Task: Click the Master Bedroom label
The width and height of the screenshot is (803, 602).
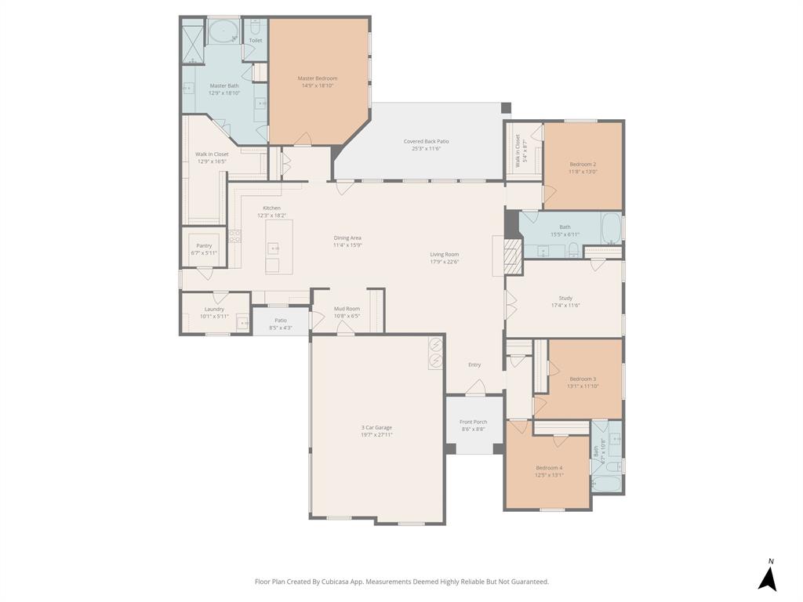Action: click(x=317, y=78)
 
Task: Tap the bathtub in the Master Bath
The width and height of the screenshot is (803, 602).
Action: click(x=224, y=33)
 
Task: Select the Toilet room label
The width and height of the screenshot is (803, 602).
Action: click(x=256, y=40)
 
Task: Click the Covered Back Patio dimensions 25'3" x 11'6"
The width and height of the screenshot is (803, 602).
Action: click(x=426, y=148)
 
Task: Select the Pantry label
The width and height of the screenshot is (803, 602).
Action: click(x=204, y=246)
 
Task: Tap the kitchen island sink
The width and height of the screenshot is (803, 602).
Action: click(x=274, y=248)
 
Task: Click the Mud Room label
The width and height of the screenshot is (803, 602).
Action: click(x=347, y=309)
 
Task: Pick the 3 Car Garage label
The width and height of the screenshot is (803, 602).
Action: click(x=376, y=427)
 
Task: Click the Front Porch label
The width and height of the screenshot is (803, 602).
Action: click(x=473, y=422)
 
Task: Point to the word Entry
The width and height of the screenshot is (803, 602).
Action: click(x=474, y=364)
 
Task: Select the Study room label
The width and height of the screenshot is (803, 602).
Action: click(x=565, y=298)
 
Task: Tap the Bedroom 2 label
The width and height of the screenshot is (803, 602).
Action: click(x=583, y=164)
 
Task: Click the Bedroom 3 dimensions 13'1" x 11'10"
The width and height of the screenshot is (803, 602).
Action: click(x=583, y=386)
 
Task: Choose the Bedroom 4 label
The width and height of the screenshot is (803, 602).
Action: click(x=549, y=467)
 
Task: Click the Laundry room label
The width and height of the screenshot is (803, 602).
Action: click(x=214, y=309)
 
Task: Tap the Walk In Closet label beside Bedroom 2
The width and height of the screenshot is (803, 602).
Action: click(x=518, y=150)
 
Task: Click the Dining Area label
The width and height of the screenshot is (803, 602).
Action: click(x=347, y=238)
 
